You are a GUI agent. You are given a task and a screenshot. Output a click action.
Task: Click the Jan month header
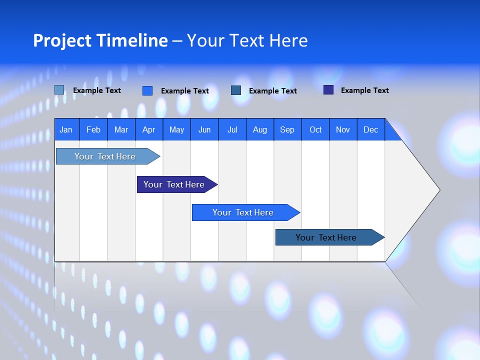(x=66, y=129)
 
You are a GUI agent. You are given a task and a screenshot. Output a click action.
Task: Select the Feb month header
(x=93, y=129)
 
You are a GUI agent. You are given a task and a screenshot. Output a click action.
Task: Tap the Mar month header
(x=121, y=129)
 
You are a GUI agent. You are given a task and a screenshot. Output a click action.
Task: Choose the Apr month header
(x=148, y=129)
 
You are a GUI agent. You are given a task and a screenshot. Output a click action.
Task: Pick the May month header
(x=176, y=129)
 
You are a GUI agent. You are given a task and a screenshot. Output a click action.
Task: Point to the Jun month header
(x=204, y=129)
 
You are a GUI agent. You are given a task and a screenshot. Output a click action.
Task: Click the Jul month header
(x=232, y=129)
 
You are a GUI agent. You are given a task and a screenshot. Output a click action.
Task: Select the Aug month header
(x=260, y=129)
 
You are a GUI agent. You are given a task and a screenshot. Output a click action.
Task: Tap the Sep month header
(x=287, y=129)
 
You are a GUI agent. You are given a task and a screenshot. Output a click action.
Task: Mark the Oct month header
(x=315, y=129)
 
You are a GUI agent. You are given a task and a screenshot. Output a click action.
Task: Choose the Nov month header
(x=343, y=129)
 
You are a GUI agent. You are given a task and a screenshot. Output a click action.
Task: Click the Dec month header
(x=371, y=129)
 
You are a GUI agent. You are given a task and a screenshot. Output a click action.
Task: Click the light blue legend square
(x=59, y=90)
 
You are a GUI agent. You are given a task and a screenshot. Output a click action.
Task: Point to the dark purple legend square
(x=328, y=90)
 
